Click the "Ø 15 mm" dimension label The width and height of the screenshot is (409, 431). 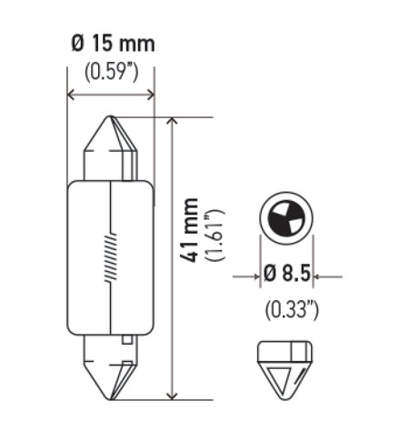[112, 43]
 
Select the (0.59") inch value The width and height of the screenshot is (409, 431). [112, 70]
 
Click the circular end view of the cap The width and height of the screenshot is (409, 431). [286, 217]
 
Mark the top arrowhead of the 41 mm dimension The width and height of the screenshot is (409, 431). [173, 122]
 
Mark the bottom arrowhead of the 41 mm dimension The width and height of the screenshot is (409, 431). [173, 395]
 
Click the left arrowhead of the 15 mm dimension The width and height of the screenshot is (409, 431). [73, 95]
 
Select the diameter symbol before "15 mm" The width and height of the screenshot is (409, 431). [77, 43]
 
